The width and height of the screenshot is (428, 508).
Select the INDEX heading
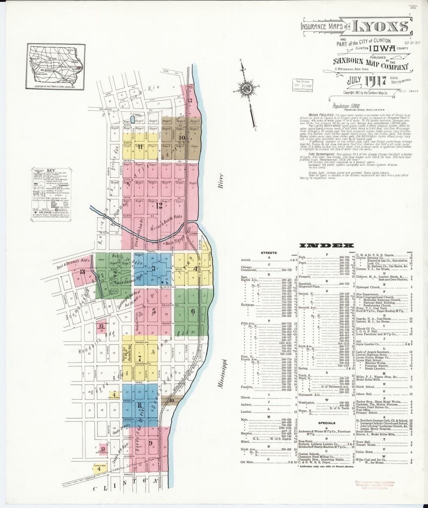pos(326,246)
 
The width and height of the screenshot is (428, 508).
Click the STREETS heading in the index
pos(269,253)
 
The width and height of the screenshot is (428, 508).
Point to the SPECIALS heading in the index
pos(327,423)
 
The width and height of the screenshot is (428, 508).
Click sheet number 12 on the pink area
pos(159,206)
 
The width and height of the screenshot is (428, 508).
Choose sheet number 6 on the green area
pos(193,312)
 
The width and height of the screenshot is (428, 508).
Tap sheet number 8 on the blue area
pos(140,405)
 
